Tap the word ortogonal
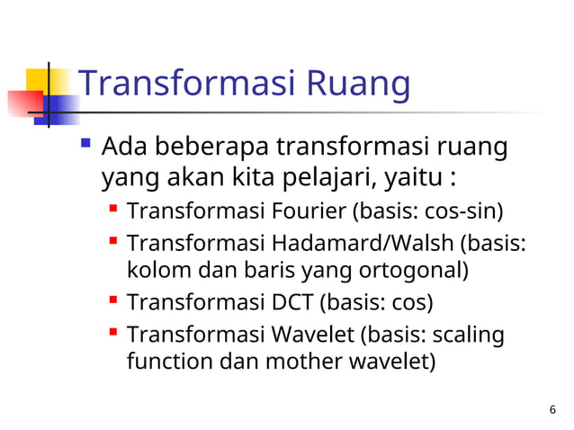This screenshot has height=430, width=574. (x=416, y=270)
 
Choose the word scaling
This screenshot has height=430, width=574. (x=470, y=336)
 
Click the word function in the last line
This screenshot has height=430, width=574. (x=171, y=363)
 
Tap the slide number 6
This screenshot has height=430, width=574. (x=552, y=411)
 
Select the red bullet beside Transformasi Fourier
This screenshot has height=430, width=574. (x=114, y=211)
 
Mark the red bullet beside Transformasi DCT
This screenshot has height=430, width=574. (x=114, y=300)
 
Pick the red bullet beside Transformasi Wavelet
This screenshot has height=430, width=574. (x=114, y=334)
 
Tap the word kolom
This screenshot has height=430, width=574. (x=157, y=270)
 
